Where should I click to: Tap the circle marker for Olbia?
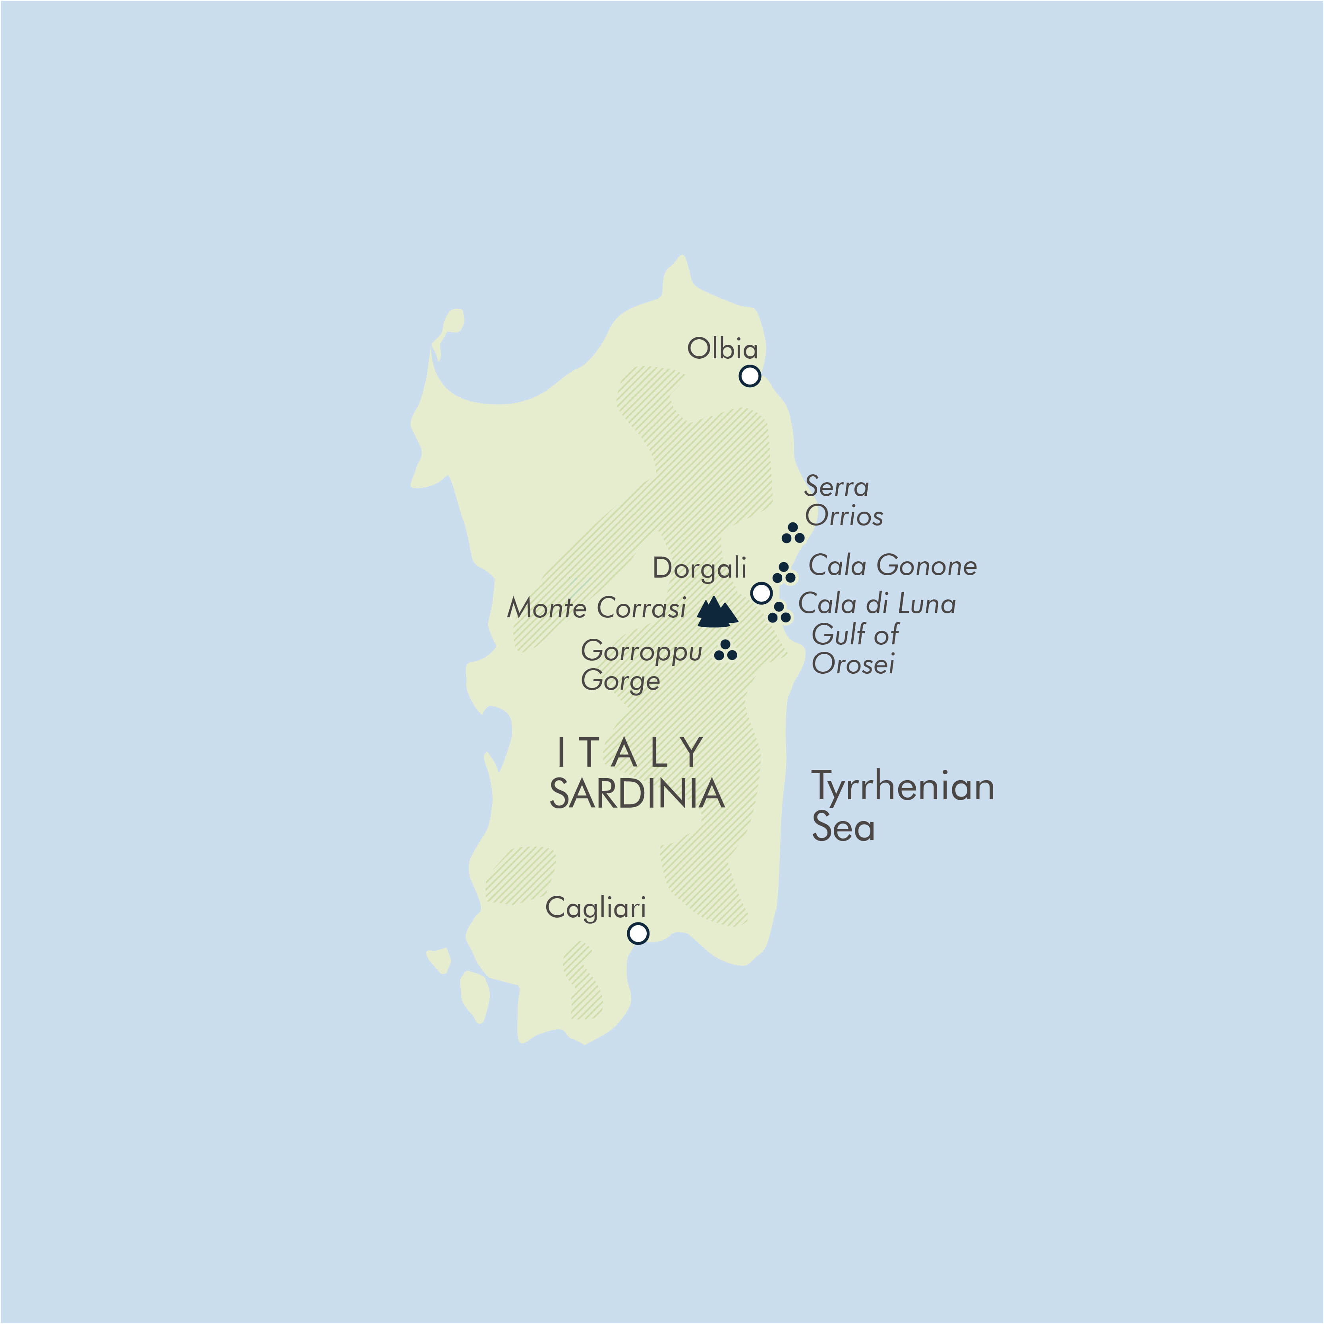pyautogui.click(x=750, y=375)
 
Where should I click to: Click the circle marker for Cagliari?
pyautogui.click(x=638, y=934)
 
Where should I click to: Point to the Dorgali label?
pyautogui.click(x=699, y=568)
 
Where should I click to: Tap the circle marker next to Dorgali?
pyautogui.click(x=762, y=593)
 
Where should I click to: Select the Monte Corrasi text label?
pyautogui.click(x=596, y=608)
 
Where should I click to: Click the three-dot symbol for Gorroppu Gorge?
pyautogui.click(x=725, y=651)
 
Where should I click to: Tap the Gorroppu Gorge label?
pyautogui.click(x=641, y=665)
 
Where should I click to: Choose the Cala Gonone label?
pyautogui.click(x=892, y=565)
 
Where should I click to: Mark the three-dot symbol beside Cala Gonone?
pyautogui.click(x=783, y=574)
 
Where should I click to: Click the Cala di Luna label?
pyautogui.click(x=876, y=604)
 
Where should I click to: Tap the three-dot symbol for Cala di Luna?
pyautogui.click(x=779, y=613)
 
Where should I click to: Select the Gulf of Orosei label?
pyautogui.click(x=854, y=649)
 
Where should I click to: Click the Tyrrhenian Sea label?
pyautogui.click(x=902, y=806)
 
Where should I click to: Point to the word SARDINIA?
pyautogui.click(x=637, y=794)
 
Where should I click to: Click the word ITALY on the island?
pyautogui.click(x=630, y=752)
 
